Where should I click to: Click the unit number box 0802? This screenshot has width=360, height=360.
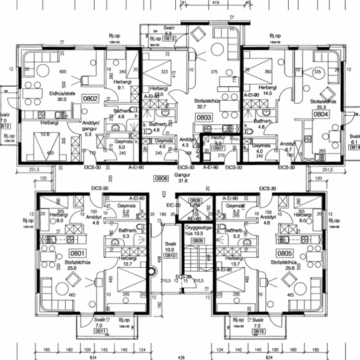tap(90, 99)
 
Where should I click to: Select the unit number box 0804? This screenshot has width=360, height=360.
tap(321, 114)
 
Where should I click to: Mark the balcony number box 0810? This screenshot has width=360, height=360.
tap(170, 256)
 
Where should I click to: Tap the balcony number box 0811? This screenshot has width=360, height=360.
tap(101, 331)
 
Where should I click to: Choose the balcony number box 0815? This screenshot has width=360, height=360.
tap(258, 331)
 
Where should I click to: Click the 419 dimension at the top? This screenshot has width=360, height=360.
tap(215, 3)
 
